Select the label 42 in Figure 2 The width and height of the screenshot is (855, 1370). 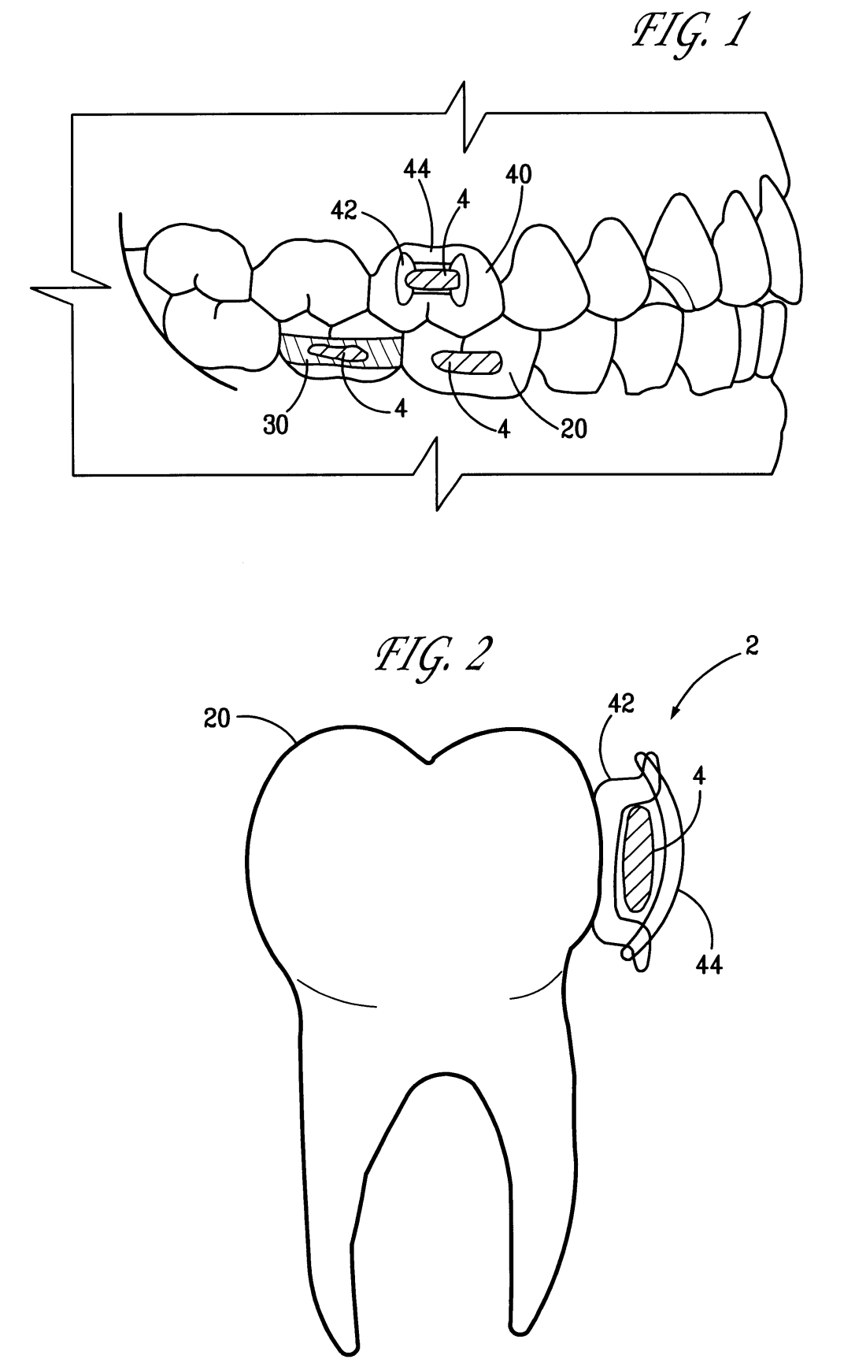point(621,704)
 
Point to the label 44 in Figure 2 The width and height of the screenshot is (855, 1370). point(709,962)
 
